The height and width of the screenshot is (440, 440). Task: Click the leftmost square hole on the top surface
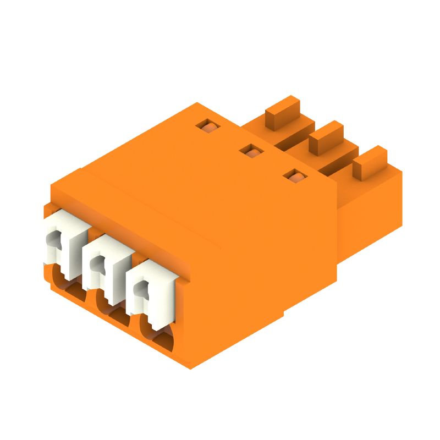(208, 126)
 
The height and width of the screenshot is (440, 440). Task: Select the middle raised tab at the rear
(327, 136)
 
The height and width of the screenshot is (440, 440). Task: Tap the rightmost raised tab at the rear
(370, 161)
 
